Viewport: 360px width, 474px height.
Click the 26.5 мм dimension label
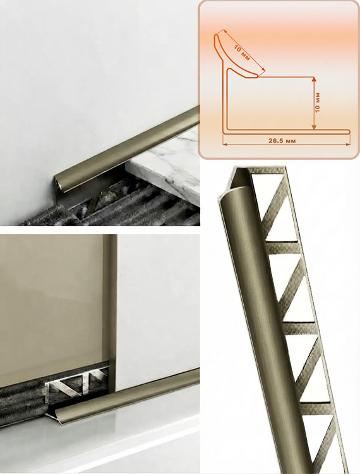282,140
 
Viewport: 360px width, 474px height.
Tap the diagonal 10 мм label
242,53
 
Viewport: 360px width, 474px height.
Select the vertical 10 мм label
317,103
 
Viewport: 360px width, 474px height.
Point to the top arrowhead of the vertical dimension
314,80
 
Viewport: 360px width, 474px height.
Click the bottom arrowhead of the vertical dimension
314,127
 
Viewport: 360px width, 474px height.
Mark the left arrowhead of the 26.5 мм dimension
225,145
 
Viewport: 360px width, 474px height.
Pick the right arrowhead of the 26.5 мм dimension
347,145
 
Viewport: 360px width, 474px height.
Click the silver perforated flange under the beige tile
77,382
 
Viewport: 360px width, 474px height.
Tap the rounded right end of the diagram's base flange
349,132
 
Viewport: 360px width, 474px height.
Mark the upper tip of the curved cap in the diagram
216,35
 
